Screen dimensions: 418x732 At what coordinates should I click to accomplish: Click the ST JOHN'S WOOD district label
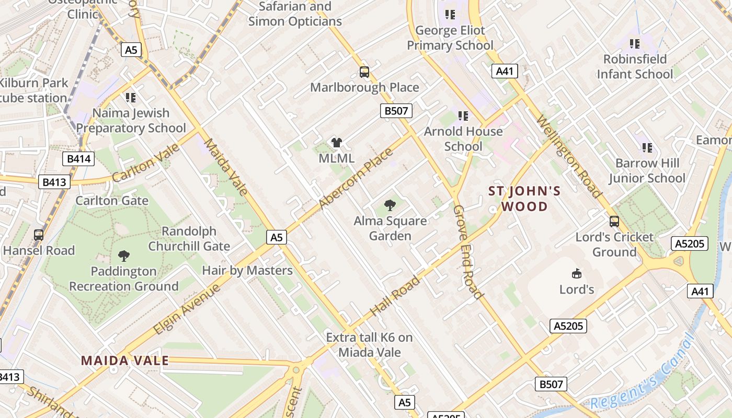point(524,199)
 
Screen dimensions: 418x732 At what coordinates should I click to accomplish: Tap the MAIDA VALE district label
point(125,361)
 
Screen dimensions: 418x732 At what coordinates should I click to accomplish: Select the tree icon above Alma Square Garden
point(390,205)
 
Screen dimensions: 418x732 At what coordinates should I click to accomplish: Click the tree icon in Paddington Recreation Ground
point(124,256)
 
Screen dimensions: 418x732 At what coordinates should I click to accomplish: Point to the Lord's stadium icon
point(577,273)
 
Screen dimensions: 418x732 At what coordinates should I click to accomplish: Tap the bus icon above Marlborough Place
point(364,72)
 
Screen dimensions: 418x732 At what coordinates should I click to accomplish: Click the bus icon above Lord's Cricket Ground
point(614,222)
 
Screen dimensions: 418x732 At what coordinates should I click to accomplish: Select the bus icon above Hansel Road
point(39,235)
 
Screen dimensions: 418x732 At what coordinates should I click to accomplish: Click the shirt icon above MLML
point(336,143)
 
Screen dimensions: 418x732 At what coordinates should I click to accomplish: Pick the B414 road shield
point(78,159)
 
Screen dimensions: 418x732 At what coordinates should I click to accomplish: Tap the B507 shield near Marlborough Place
point(396,111)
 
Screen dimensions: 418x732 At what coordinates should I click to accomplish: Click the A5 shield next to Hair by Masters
point(277,238)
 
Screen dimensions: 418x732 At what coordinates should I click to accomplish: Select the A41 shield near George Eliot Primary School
point(505,71)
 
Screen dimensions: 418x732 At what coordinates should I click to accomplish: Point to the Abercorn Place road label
point(356,179)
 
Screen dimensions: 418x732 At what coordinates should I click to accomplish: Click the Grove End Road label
point(467,252)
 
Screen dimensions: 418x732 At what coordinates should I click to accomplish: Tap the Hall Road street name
point(395,296)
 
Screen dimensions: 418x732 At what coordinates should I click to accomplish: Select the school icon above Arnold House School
point(463,115)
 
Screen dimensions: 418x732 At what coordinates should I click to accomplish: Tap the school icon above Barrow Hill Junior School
point(647,148)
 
